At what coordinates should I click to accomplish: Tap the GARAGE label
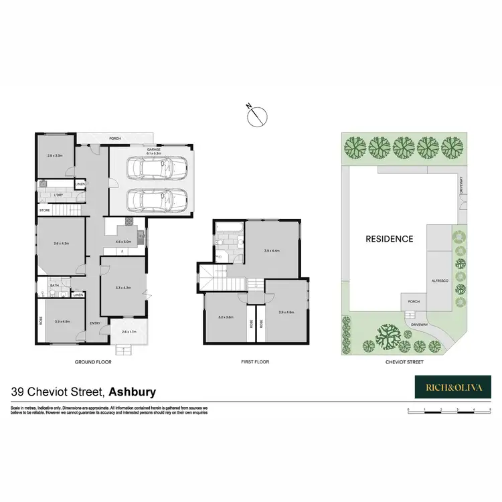[x=154, y=149]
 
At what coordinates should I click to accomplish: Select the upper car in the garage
[x=155, y=168]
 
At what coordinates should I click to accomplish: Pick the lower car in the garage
[x=155, y=199]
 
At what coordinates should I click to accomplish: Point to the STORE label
[x=45, y=210]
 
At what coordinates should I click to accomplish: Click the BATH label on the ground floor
[x=56, y=285]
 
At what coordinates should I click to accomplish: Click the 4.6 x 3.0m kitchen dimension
[x=124, y=241]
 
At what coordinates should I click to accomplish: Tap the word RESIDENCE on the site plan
[x=389, y=238]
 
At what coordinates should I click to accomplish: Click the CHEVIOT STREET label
[x=405, y=362]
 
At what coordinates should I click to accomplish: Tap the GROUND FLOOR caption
[x=93, y=362]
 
